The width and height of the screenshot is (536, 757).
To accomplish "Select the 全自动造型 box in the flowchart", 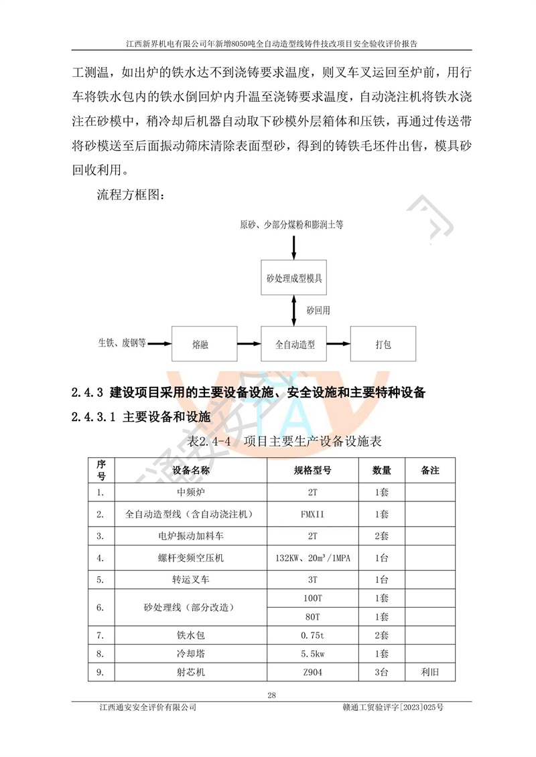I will pos(295,345).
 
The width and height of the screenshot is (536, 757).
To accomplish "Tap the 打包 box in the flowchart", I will pos(383,345).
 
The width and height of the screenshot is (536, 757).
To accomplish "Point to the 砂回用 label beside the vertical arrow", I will pos(318,311).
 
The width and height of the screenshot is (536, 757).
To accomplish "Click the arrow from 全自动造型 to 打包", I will pos(338,345).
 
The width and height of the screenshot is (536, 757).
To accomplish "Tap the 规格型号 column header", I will pos(312,470).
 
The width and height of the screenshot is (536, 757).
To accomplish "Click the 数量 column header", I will pos(382,470).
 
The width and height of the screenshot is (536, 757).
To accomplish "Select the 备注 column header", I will pos(430,470).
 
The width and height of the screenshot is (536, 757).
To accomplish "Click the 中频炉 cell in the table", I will pos(191,493).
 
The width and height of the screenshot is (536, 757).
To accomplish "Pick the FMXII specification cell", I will pos(312,515).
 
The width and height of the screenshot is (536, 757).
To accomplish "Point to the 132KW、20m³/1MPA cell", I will pos(312,558).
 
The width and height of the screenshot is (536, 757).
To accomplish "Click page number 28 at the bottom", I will pos(271,695).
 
